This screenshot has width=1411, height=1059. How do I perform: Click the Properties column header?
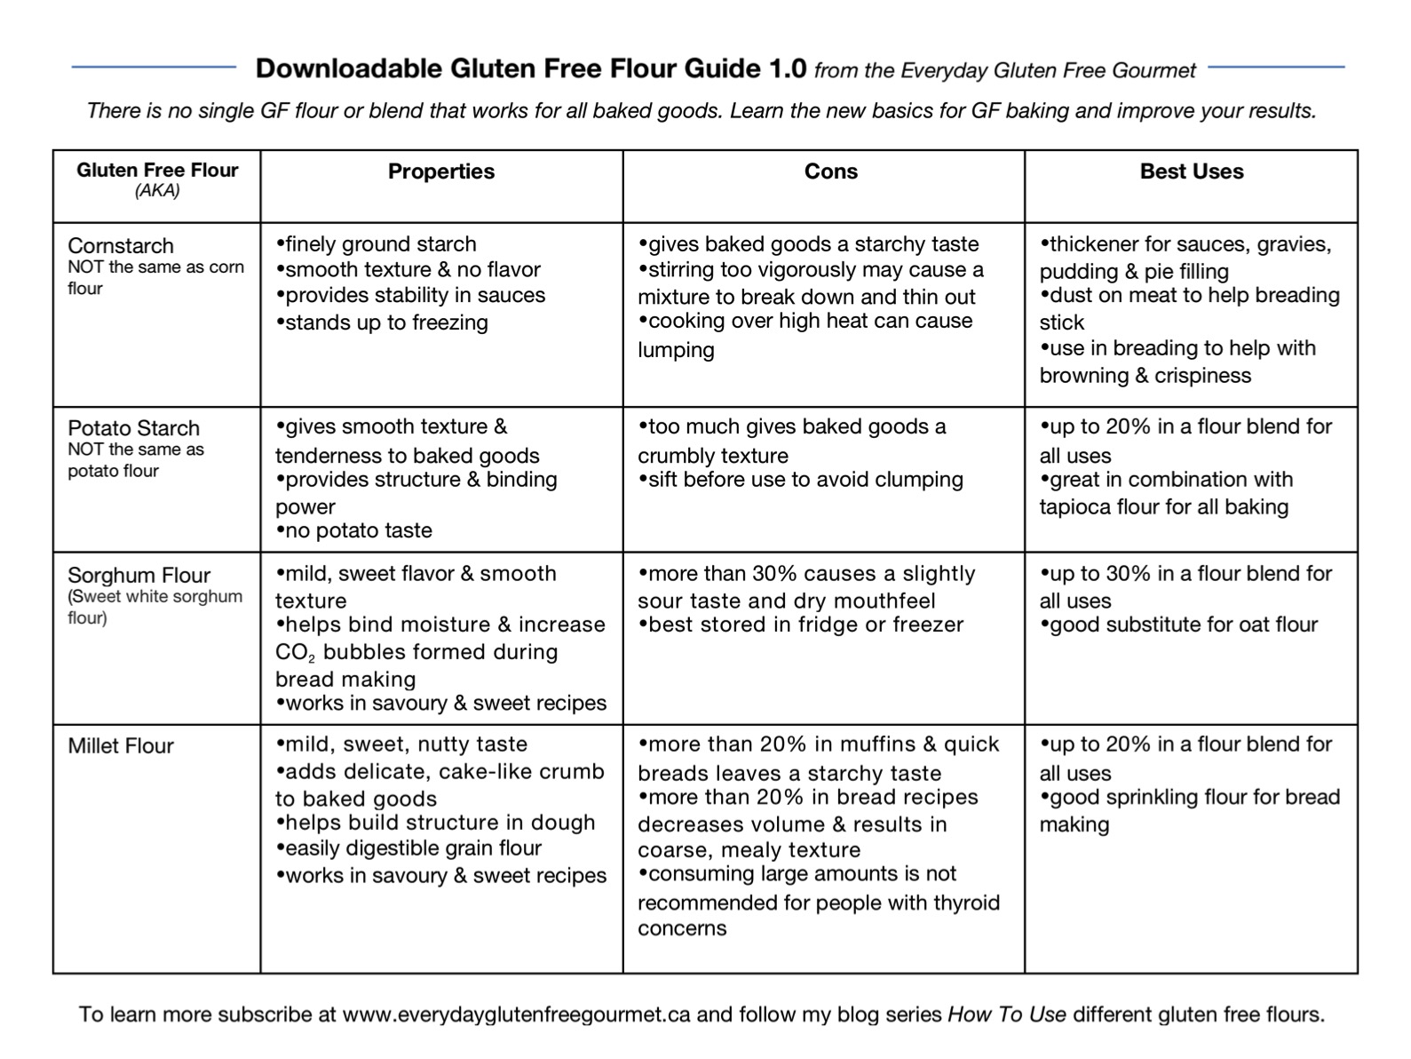coord(440,171)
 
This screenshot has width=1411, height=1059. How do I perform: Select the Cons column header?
coord(830,171)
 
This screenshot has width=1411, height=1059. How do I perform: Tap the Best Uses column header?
coord(1191,171)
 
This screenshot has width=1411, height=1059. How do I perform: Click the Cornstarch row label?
coord(121,246)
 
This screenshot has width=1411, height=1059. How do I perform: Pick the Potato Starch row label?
coord(133,428)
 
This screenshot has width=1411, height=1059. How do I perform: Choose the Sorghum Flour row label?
coord(139,576)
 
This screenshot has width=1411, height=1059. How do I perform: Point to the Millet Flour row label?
coord(121,746)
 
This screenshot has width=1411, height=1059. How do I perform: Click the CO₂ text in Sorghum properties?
coord(294,653)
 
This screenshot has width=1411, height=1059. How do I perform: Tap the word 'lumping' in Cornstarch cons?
coord(676,350)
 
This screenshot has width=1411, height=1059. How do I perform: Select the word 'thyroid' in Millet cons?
coord(966,903)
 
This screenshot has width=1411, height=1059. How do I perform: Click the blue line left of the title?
coord(154,67)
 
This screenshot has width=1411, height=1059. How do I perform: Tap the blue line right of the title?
coord(1276,67)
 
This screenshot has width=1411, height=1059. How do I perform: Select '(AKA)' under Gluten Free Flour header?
coord(157,191)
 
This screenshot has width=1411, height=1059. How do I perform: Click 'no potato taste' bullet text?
coord(358,530)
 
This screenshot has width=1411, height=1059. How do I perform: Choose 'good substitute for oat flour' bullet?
coord(1184,625)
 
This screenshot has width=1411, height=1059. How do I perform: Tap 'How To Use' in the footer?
coord(1006,1015)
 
